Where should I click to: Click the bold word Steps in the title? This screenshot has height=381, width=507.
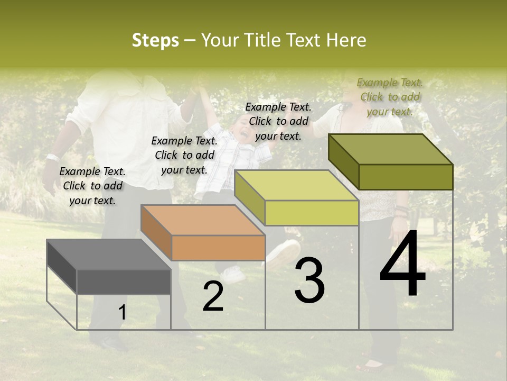(155, 41)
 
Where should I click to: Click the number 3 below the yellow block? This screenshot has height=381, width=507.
(309, 281)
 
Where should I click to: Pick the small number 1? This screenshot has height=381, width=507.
(122, 313)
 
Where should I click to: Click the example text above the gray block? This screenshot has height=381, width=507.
(92, 186)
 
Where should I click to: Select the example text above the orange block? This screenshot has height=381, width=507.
(184, 155)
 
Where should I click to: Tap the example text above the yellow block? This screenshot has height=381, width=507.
(278, 121)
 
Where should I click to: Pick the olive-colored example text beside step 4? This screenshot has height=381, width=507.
(390, 97)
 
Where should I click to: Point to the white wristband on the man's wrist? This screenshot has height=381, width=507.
(52, 157)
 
